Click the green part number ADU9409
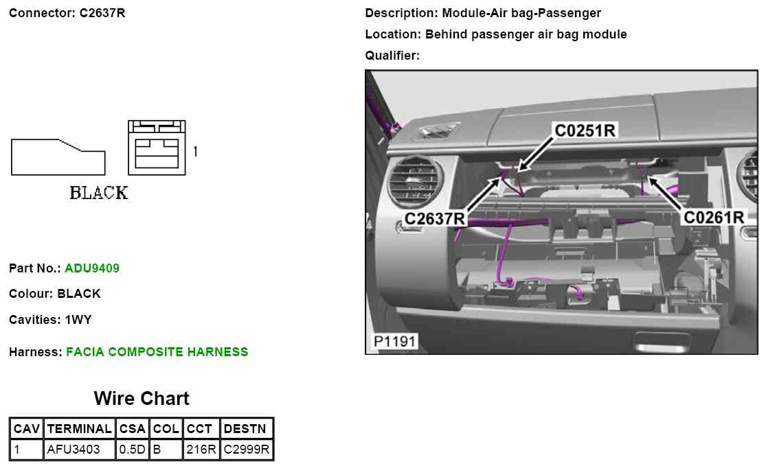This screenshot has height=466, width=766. (92, 268)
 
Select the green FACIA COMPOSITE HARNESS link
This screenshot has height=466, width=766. (157, 352)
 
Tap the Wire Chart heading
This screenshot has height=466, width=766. (142, 399)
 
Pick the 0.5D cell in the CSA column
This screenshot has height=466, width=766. (133, 450)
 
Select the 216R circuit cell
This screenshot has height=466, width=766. (201, 450)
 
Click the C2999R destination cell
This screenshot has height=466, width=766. (247, 450)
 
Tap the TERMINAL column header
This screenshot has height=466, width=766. (79, 429)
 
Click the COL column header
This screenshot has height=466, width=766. (166, 429)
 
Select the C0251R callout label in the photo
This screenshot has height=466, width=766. (585, 130)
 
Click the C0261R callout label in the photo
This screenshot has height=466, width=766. (714, 218)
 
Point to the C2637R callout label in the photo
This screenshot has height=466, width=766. (435, 218)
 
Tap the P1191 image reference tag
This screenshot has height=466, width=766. (394, 341)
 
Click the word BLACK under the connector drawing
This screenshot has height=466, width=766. (99, 193)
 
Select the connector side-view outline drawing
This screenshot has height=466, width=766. (58, 156)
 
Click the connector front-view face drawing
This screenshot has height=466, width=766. (157, 148)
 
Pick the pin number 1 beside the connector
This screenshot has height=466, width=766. (195, 151)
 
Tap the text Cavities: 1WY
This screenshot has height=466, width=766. (50, 320)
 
